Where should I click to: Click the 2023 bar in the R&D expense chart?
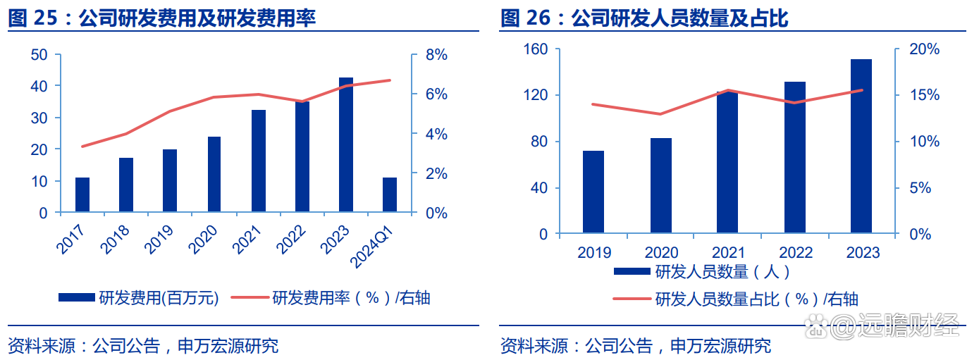(x=346, y=145)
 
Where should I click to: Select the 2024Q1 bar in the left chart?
(x=390, y=194)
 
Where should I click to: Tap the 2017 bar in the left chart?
(x=82, y=194)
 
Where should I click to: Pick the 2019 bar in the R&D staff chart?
(x=593, y=192)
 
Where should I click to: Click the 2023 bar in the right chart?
(x=861, y=147)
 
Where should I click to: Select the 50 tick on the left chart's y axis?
(x=40, y=55)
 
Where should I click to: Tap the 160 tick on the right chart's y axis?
(x=536, y=49)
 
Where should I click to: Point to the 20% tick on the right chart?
(x=923, y=49)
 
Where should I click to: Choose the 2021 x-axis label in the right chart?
(x=728, y=252)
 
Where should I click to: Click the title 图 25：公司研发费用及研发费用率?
(x=162, y=18)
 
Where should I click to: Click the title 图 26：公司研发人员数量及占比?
(x=644, y=18)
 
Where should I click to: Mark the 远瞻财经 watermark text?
(x=909, y=326)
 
